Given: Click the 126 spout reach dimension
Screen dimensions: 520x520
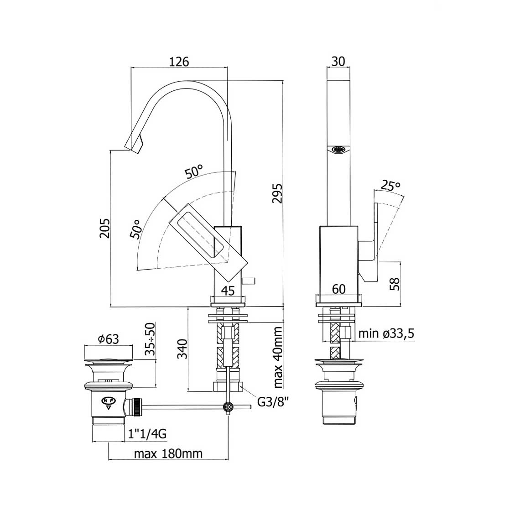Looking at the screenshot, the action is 179,62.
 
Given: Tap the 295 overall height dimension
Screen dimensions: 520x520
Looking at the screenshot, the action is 277,193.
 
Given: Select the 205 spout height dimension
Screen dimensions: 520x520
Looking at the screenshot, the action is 104,228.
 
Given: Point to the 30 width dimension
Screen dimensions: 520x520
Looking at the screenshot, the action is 338,62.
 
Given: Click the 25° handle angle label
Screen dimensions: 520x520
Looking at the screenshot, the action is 390,185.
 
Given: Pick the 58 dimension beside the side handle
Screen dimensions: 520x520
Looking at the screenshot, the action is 395,284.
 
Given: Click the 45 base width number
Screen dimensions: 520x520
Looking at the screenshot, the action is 228,291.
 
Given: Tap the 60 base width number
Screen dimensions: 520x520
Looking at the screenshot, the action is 338,289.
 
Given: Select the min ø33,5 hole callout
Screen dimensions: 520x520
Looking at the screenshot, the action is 386,333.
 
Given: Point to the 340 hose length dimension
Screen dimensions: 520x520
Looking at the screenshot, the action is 182,349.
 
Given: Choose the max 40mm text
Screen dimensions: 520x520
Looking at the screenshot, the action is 278,357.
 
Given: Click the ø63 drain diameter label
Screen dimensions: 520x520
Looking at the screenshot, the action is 109,339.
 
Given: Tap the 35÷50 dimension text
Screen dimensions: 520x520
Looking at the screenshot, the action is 150,338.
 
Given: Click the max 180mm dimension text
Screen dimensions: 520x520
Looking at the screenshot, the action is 168,453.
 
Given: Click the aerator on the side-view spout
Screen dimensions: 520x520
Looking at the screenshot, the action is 338,150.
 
